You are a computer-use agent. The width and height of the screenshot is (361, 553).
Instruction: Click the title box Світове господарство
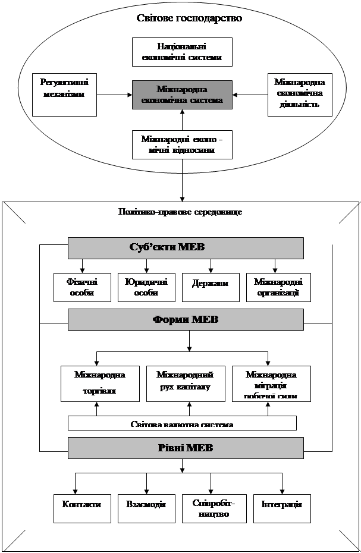[x=189, y=18]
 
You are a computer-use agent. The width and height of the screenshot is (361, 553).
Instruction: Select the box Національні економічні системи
[x=181, y=52]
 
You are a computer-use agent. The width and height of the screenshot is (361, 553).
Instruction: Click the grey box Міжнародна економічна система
[x=182, y=95]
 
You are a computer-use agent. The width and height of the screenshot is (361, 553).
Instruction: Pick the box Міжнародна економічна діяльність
[x=299, y=95]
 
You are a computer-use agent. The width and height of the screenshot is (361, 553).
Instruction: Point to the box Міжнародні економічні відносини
[x=182, y=145]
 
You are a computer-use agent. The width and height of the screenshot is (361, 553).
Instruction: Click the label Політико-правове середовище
[x=180, y=212]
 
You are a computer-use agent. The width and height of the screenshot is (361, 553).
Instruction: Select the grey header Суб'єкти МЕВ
[x=186, y=248]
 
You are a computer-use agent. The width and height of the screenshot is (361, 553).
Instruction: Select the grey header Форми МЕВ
[x=186, y=320]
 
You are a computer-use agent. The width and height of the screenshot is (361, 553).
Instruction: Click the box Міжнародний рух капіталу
[x=185, y=384]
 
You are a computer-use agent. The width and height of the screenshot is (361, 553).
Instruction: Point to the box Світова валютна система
[x=182, y=423]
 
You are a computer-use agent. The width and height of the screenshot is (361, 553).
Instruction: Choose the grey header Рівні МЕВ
[x=186, y=448]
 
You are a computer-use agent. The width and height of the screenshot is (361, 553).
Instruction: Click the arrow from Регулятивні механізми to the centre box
[x=114, y=95]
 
